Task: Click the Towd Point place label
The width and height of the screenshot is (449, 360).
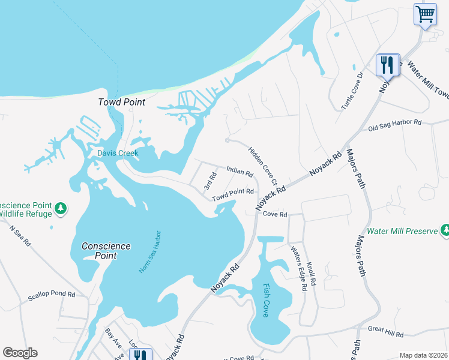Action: [122, 102]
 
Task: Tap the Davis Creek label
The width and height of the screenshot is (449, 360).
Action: [118, 153]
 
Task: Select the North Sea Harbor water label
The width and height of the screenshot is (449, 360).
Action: [151, 251]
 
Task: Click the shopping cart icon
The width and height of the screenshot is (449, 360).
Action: [425, 14]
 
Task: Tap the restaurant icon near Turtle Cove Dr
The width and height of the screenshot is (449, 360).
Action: [387, 65]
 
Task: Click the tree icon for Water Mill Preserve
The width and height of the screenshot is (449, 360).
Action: [445, 230]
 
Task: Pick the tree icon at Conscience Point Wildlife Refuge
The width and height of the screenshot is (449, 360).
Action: [61, 208]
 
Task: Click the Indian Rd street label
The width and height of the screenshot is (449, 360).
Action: [240, 172]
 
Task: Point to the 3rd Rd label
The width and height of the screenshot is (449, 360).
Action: [209, 181]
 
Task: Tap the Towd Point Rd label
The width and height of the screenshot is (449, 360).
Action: [233, 194]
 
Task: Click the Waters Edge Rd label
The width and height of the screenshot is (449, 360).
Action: [299, 268]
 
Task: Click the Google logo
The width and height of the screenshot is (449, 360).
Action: [20, 353]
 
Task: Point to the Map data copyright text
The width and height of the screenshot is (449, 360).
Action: [423, 355]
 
